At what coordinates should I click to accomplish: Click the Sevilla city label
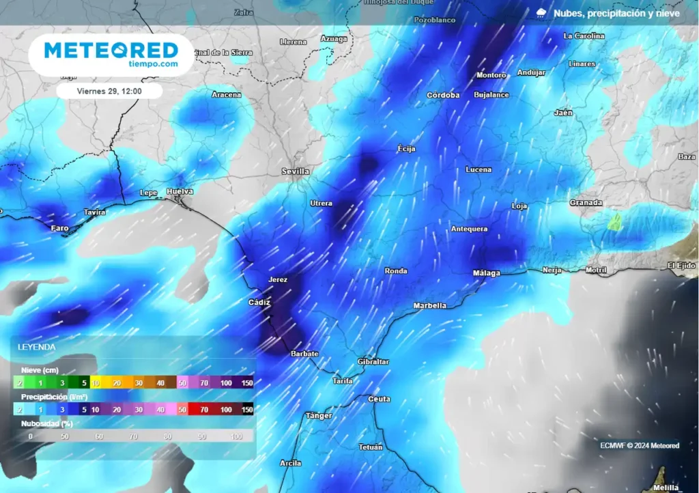coord(296,171)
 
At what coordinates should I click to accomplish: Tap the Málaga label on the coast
coord(487,273)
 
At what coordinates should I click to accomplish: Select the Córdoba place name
coord(443,95)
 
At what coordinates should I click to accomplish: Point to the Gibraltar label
coord(373,361)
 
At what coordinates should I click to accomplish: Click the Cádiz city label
coord(259,302)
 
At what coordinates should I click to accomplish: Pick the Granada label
coord(586,203)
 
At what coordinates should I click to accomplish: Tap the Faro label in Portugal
coord(60,228)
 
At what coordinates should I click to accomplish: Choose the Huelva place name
coord(180,192)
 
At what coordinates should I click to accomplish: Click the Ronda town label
coord(396,271)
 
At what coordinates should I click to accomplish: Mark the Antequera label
coord(469,229)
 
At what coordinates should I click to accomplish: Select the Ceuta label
coord(379,399)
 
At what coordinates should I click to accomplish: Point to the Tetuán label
coord(371,447)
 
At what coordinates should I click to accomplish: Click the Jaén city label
coord(563,113)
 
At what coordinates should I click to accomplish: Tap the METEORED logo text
coord(111,50)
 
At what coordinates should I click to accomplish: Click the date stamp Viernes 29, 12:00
coord(109,91)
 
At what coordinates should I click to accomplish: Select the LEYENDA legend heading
coord(37,347)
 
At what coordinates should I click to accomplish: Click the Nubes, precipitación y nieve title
coord(616,13)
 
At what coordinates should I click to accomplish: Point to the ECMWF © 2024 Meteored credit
coord(640,446)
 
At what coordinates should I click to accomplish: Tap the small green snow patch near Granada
coord(616,221)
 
